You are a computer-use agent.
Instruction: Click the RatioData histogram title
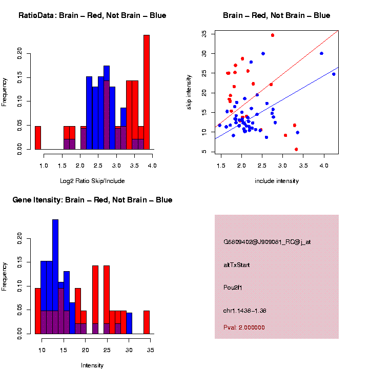coord(92,15)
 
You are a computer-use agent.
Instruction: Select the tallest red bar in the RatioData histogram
coord(147,92)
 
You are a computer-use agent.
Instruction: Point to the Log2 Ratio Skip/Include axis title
coord(92,181)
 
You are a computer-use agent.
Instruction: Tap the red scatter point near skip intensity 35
coord(273,35)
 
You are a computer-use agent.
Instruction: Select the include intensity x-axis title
coord(277,181)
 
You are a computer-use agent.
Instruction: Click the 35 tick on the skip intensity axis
coord(204,34)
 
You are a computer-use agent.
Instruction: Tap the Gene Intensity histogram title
coord(92,200)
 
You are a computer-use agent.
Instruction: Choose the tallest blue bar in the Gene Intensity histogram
coord(55,277)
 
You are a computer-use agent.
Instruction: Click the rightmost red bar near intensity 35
coord(147,322)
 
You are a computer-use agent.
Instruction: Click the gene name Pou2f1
coord(233,288)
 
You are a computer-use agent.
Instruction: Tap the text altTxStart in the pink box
coord(237,265)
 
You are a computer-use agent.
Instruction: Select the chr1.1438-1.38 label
coord(245,311)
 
